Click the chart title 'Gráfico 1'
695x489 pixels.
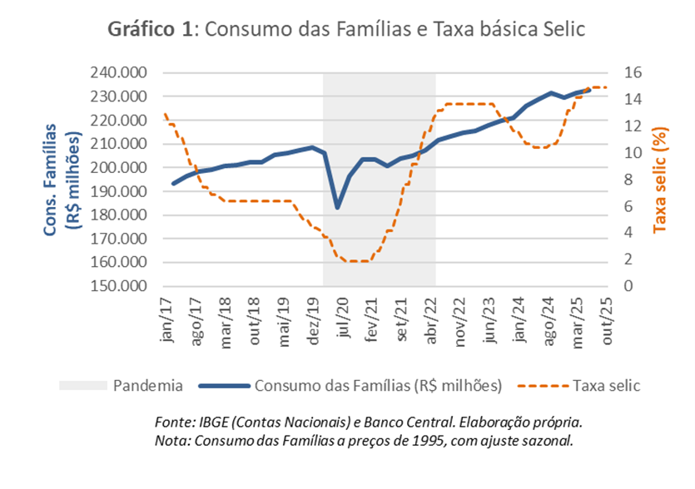click(x=150, y=29)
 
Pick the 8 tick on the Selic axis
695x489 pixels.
click(x=630, y=180)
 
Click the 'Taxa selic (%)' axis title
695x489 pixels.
click(x=660, y=180)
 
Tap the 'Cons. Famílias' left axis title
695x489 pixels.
click(x=52, y=180)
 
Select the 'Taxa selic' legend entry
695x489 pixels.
click(x=606, y=386)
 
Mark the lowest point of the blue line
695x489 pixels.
click(x=338, y=206)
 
